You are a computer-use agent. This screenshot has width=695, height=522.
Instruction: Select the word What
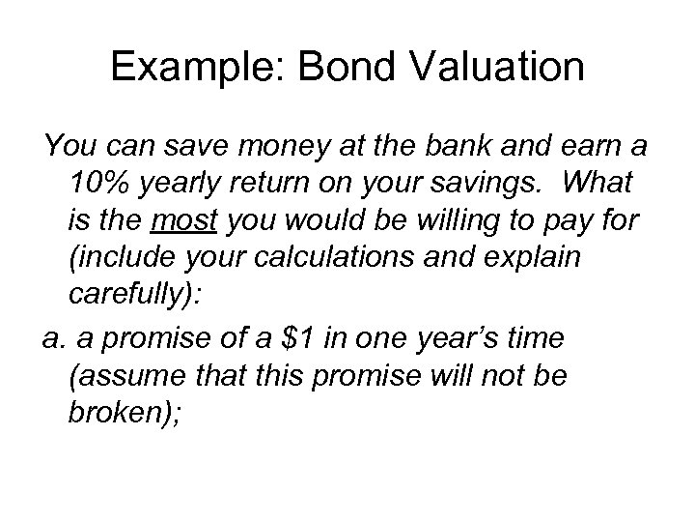[593, 183]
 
